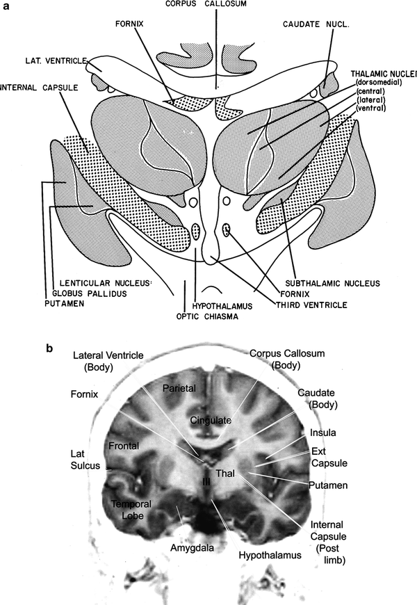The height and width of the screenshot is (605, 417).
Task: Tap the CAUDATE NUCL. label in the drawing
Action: point(314,24)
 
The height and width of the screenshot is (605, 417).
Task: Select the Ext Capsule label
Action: point(329,456)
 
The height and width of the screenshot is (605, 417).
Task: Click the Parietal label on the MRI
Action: point(177,387)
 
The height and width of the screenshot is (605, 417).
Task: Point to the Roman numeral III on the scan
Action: point(206,481)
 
